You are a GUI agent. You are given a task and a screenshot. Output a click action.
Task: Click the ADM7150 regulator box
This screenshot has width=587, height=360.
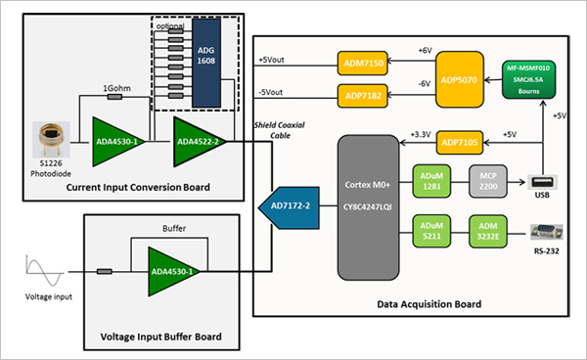362,63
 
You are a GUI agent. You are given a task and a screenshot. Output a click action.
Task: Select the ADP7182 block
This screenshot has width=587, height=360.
362,96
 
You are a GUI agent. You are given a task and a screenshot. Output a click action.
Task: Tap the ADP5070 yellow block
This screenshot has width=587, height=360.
460,79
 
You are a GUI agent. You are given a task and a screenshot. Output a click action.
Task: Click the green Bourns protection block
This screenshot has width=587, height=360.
528,79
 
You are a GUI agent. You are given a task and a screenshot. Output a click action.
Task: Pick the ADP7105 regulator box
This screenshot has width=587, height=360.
460,142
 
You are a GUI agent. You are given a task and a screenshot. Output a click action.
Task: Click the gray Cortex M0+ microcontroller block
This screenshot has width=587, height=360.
368,207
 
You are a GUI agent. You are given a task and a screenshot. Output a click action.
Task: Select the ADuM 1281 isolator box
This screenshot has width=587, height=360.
431,181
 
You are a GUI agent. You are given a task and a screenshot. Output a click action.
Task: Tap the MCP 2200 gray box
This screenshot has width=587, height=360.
488,181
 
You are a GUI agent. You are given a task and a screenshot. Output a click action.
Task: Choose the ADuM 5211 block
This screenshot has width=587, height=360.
431,231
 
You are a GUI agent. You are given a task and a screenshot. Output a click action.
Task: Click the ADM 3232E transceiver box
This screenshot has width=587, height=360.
488,231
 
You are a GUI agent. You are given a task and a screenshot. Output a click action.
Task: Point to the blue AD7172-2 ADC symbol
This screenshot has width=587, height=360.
290,207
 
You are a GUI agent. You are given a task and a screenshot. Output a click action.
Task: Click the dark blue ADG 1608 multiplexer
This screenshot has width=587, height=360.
206,63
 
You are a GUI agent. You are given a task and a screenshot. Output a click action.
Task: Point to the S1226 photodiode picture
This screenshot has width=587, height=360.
51,139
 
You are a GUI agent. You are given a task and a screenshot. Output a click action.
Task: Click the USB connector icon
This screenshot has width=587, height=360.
542,182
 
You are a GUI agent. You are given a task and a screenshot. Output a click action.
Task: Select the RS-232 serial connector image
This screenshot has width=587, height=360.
547,232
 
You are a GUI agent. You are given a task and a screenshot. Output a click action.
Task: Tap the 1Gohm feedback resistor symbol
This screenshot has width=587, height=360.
114,97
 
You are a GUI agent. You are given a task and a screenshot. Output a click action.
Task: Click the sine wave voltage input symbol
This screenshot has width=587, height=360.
44,271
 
